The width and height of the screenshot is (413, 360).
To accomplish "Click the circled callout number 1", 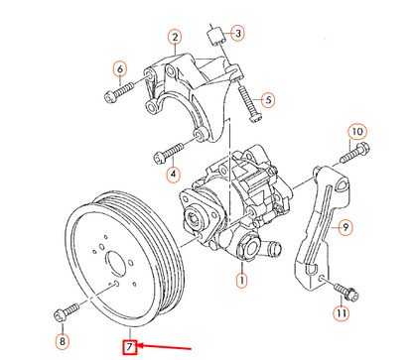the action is tap(242, 281).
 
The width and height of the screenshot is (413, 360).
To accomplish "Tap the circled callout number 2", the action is tap(175, 37).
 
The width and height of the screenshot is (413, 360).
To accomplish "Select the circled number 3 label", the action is tap(237, 33).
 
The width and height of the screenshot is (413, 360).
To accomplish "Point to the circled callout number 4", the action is tap(173, 174).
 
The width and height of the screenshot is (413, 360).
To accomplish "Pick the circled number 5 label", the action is tap(268, 99).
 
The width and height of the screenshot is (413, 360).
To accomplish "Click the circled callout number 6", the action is tap(120, 69).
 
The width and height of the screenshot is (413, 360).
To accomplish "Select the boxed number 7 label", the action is tap(130, 347).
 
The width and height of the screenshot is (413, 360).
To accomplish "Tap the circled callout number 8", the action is tap(63, 341).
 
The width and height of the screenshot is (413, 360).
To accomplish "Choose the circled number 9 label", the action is tap(345, 227).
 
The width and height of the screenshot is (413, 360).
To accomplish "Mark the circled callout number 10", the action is tap(357, 132).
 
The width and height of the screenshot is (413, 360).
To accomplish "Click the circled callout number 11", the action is tap(341, 312).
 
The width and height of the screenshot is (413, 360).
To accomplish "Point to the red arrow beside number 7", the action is tap(164, 347).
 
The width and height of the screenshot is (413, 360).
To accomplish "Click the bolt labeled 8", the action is tap(67, 311).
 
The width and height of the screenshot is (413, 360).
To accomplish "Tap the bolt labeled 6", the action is tap(119, 92).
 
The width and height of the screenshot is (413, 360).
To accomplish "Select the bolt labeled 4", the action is tap(169, 153).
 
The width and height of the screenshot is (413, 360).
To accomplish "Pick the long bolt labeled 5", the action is tap(250, 102).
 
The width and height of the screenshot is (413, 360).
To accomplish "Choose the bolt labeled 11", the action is tap(346, 292).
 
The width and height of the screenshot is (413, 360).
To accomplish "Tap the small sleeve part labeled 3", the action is tap(216, 37).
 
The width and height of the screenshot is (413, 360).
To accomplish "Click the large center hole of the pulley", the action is tap(116, 264).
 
